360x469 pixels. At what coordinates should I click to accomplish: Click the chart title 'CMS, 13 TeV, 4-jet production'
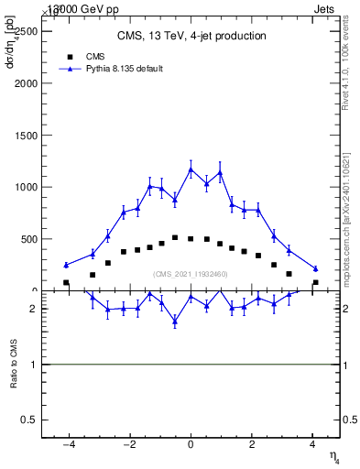(191, 37)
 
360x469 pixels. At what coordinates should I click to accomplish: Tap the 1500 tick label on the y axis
(28, 136)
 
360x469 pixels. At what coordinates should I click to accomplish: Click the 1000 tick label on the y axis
(28, 188)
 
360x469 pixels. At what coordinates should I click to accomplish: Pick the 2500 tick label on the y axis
(28, 31)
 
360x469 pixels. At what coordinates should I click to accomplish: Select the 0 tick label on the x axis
(191, 445)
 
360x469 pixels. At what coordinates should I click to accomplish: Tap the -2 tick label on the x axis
(128, 445)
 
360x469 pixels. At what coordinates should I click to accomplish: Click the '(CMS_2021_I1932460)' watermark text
(191, 274)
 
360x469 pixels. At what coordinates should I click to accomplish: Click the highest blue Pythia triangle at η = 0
(191, 169)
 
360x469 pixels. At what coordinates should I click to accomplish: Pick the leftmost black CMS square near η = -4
(66, 283)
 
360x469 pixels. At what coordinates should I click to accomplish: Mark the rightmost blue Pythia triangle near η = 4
(315, 268)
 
